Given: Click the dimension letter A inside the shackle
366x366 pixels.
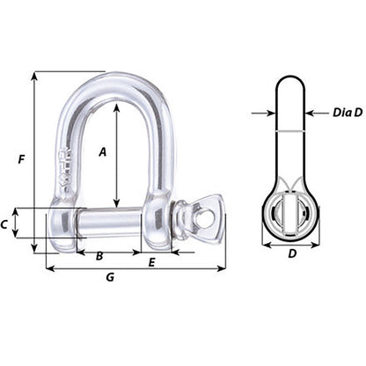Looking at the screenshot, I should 103,151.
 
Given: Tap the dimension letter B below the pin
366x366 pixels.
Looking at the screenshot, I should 99,256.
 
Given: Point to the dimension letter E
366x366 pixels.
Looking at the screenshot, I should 152,261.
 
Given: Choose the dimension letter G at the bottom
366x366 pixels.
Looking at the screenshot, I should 110,277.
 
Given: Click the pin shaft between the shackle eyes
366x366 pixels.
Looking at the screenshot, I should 111,223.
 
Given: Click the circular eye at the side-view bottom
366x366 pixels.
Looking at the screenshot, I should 291,216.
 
